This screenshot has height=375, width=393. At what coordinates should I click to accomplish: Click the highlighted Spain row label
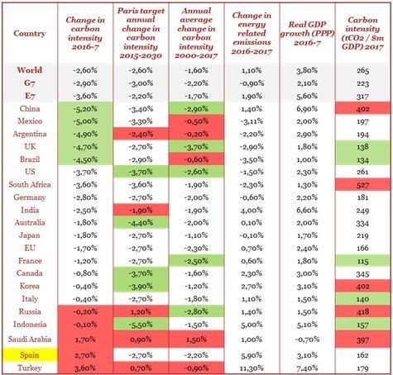(30, 355)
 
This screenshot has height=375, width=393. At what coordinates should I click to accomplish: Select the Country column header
(30, 33)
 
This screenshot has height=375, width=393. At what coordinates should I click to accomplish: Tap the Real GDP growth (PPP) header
(307, 33)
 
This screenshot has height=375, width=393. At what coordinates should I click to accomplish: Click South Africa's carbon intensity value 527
(362, 185)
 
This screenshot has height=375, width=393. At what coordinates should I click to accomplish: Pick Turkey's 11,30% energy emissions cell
(252, 368)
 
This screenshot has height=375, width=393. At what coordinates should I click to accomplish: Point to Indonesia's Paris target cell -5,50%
(141, 325)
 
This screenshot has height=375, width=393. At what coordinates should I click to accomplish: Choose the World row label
(30, 70)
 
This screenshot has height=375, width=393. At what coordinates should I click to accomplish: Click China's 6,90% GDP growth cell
(307, 109)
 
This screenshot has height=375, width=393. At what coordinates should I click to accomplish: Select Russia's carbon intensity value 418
(362, 311)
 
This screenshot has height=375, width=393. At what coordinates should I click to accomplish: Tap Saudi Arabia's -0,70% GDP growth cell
(307, 339)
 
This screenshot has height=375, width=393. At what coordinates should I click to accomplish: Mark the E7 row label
(30, 96)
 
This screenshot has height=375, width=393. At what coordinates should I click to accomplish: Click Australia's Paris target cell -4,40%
(141, 222)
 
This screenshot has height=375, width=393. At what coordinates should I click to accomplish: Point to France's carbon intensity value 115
(362, 261)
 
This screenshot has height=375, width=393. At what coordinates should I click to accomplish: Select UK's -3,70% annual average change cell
(196, 147)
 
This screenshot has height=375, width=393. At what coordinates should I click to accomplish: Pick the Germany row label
(30, 197)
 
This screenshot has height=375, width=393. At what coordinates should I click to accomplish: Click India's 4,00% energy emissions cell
(252, 211)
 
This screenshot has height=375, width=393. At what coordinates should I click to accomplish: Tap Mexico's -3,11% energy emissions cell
(252, 121)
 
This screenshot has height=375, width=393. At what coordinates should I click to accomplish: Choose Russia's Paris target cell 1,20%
(141, 311)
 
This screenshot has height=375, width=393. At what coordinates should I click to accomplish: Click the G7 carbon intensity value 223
(362, 83)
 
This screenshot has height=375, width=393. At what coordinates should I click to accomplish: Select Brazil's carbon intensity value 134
(362, 159)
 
